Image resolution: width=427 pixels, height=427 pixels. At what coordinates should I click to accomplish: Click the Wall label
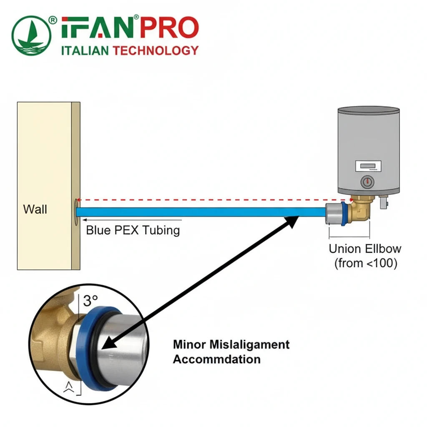(35, 209)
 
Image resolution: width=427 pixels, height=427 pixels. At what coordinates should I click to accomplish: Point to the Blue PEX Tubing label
(133, 230)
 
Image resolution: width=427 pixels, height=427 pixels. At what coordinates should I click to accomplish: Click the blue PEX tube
(200, 212)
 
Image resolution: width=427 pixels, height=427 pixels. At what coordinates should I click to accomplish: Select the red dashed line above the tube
(208, 200)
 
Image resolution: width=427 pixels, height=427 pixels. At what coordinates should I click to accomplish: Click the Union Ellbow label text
(365, 249)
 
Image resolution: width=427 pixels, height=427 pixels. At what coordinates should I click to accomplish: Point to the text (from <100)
(365, 264)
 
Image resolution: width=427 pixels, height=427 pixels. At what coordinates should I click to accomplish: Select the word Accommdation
(216, 359)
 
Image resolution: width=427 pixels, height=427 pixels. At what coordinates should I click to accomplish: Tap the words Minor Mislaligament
(231, 345)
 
